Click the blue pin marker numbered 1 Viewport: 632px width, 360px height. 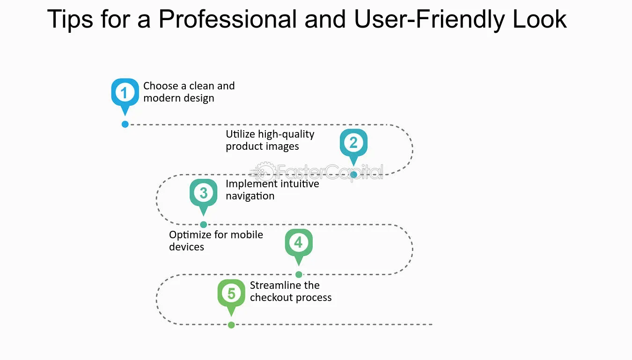pos(125,95)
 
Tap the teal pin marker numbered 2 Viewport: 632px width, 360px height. pos(353,145)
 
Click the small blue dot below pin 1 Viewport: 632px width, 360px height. pos(125,124)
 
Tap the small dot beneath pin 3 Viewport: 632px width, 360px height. pos(204,225)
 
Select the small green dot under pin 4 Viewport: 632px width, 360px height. pos(299,274)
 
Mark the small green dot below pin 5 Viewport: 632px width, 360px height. pos(231,325)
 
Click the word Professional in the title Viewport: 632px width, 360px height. pos(228,19)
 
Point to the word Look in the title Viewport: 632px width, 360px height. pos(540,19)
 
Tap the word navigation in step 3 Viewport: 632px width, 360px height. pos(250,196)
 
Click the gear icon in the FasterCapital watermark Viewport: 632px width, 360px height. pos(264,172)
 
